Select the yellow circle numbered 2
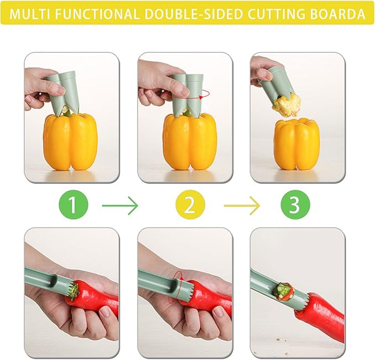[x=189, y=206]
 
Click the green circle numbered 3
[x=294, y=206]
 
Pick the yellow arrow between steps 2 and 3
[x=241, y=206]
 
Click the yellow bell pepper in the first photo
[x=70, y=142]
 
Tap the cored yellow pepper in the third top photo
[x=297, y=144]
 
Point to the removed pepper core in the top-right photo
[x=287, y=105]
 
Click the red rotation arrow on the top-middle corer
[x=202, y=95]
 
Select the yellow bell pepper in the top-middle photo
[x=188, y=142]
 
